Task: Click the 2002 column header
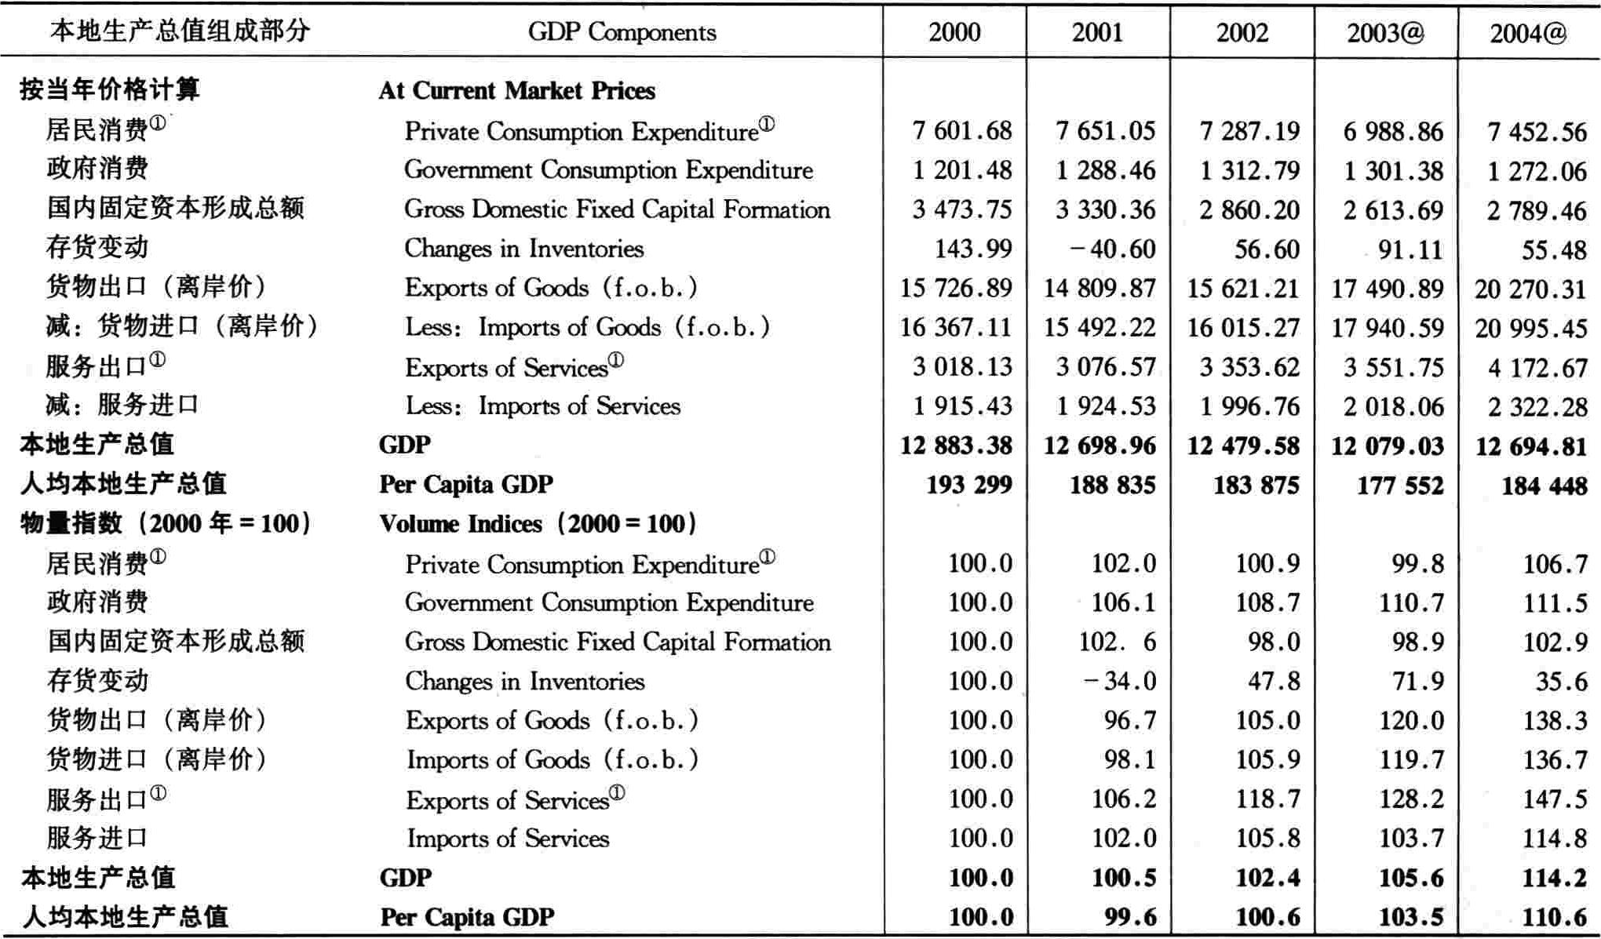click(x=1242, y=32)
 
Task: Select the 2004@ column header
click(x=1528, y=33)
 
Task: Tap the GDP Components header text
click(x=622, y=32)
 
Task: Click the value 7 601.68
click(x=962, y=130)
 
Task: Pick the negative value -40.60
click(x=1113, y=249)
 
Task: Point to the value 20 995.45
click(x=1531, y=328)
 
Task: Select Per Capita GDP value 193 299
click(x=969, y=484)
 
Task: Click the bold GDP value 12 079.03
click(x=1388, y=446)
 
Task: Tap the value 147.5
click(x=1555, y=799)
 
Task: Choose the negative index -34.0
click(x=1120, y=681)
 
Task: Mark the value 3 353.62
click(x=1249, y=367)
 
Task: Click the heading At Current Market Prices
click(x=516, y=90)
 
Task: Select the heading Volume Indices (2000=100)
click(x=538, y=523)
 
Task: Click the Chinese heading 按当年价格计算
click(x=110, y=89)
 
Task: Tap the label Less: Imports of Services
click(x=542, y=406)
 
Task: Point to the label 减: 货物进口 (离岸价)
click(x=181, y=326)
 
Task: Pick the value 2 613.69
click(x=1393, y=210)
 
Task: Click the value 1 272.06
click(x=1537, y=171)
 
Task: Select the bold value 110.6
click(x=1555, y=917)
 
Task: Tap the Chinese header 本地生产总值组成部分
click(x=180, y=31)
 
